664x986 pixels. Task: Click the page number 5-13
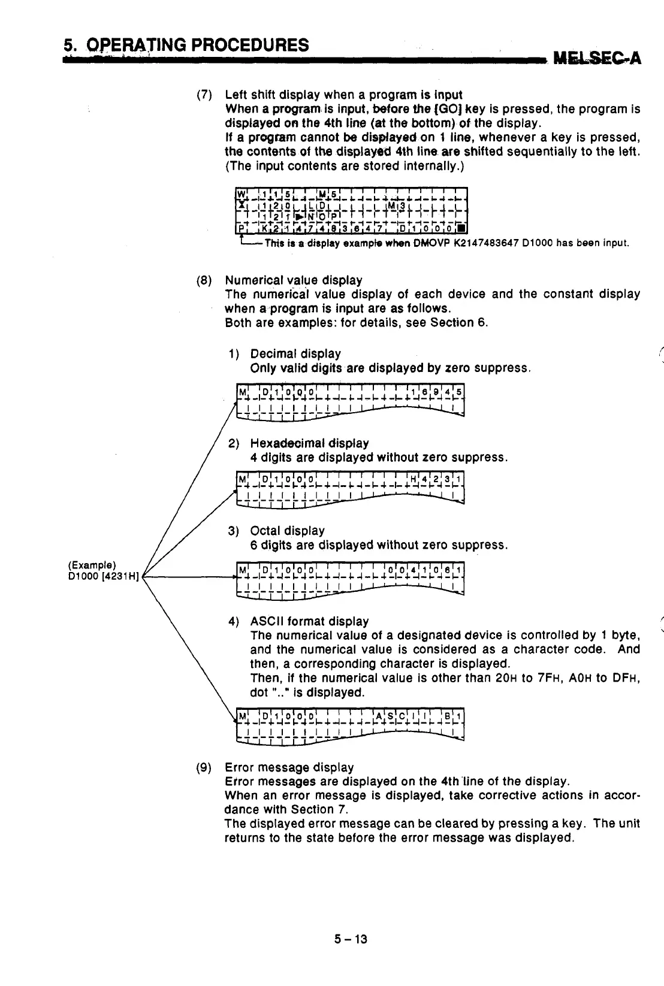[351, 939]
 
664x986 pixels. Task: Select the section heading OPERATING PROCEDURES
[198, 45]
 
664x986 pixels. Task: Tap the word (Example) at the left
[92, 565]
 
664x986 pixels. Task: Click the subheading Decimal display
[295, 353]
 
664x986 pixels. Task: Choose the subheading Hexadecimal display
[309, 443]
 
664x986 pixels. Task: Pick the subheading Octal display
[287, 531]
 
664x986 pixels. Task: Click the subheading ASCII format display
[309, 621]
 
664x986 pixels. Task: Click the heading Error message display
[289, 767]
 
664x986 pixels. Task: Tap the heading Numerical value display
[293, 280]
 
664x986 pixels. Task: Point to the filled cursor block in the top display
[460, 228]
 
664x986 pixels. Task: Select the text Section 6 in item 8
[465, 323]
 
